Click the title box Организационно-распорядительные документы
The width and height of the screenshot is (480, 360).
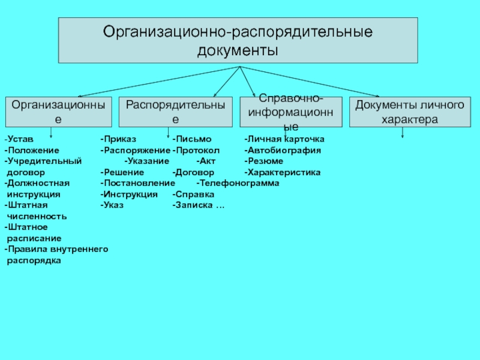pos(238,40)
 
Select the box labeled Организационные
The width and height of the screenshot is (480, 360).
pos(58,112)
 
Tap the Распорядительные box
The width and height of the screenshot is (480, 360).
pos(175,112)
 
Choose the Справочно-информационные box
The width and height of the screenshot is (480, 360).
pos(291,112)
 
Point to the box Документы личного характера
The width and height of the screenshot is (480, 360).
pos(410,112)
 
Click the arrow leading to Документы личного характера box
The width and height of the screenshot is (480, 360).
pos(310,82)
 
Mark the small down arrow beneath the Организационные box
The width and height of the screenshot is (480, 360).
pos(51,133)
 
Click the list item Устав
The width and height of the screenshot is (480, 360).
pos(20,139)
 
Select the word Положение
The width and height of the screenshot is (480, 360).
pos(34,151)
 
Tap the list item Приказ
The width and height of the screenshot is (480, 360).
pos(120,139)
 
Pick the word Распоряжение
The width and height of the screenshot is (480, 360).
pos(137,151)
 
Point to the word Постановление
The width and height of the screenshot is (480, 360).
pos(139,183)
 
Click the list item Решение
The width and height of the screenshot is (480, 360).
pos(124,172)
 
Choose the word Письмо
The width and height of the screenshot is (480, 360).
pos(193,139)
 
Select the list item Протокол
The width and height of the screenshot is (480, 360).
pos(197,151)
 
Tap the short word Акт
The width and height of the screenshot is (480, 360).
pos(207,161)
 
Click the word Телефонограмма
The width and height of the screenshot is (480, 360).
pos(239,183)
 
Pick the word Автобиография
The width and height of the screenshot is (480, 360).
pos(284,151)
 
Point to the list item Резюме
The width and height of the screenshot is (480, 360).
pos(265,161)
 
